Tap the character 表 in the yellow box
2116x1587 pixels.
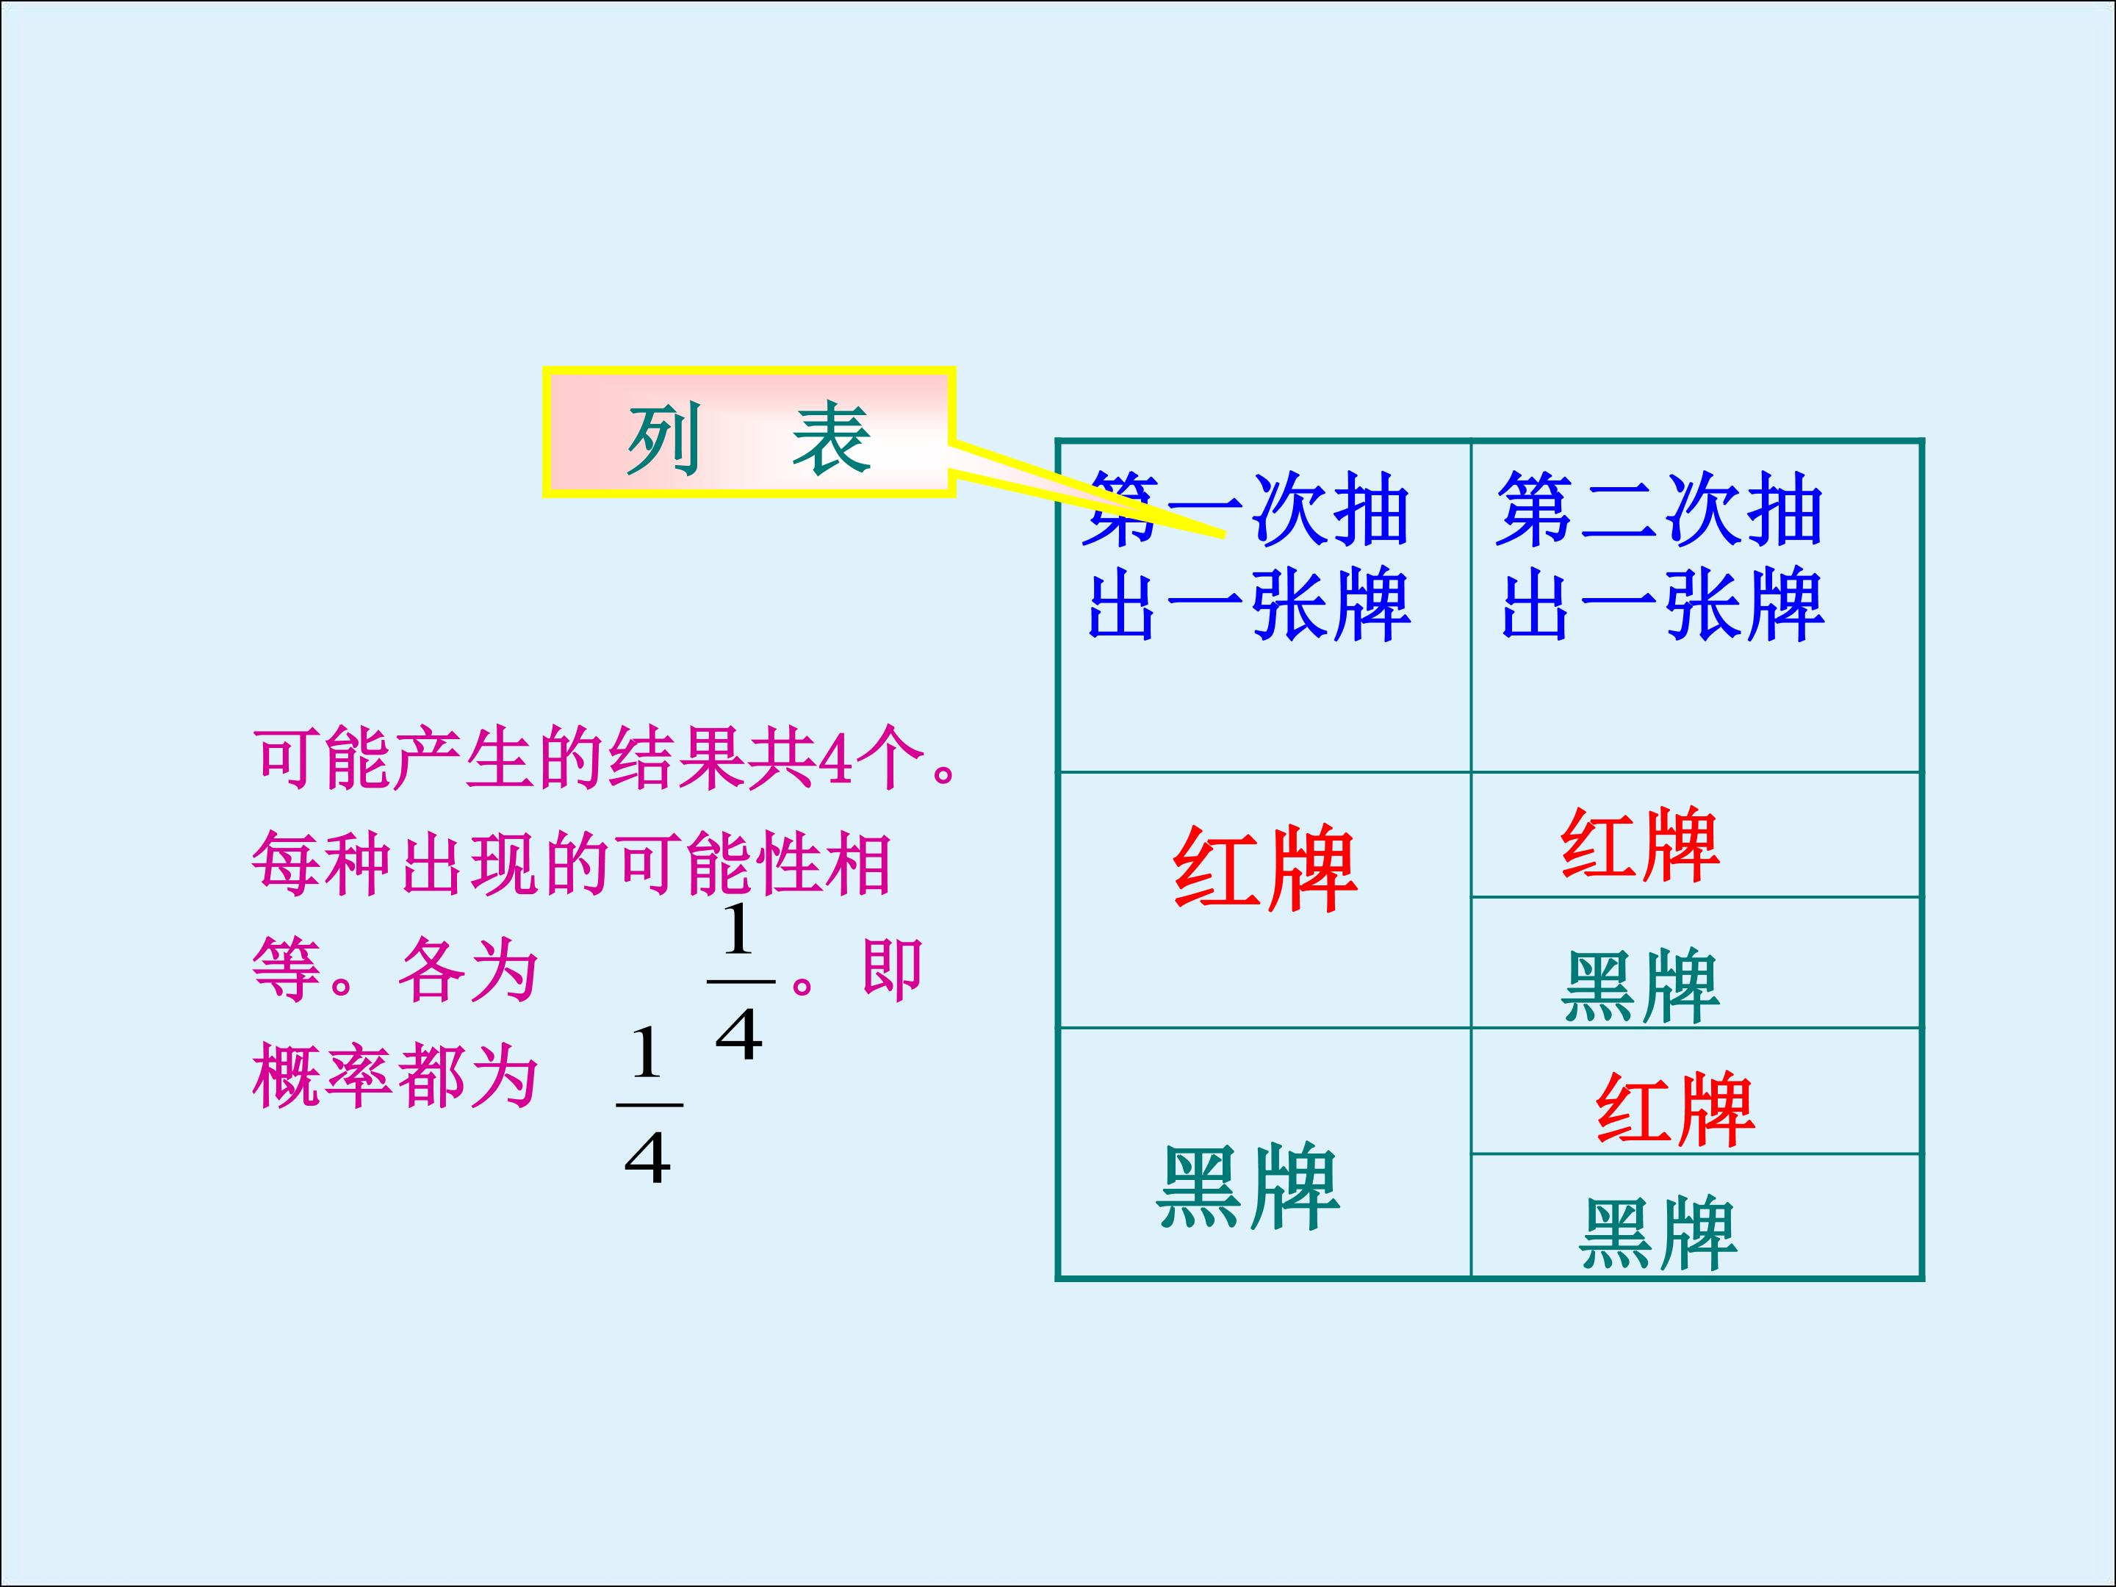pyautogui.click(x=830, y=439)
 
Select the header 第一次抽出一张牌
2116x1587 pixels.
pyautogui.click(x=1248, y=557)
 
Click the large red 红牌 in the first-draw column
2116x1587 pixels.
pyautogui.click(x=1264, y=868)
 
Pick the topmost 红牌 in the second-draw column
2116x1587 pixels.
pyautogui.click(x=1640, y=845)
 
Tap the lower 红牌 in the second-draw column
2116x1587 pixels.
pyautogui.click(x=1675, y=1109)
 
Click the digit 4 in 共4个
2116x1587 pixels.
pyautogui.click(x=835, y=760)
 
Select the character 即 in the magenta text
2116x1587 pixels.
pyautogui.click(x=891, y=969)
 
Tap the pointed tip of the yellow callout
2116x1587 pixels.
pyautogui.click(x=1225, y=536)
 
